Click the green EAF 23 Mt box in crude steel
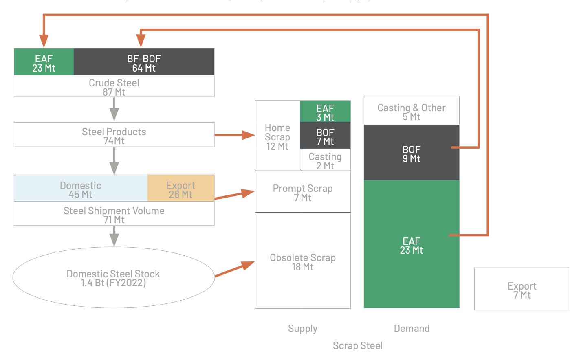click(x=44, y=62)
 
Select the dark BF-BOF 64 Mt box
click(x=144, y=62)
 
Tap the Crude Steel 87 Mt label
click(x=114, y=87)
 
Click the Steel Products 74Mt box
click(x=114, y=135)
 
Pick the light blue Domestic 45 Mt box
click(x=81, y=189)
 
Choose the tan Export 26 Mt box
click(x=180, y=189)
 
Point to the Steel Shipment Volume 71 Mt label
click(x=114, y=214)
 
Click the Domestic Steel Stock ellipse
click(x=113, y=278)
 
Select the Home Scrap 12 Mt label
click(x=277, y=137)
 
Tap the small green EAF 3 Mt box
click(x=325, y=112)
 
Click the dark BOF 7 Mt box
click(x=325, y=136)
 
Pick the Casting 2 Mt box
click(x=325, y=160)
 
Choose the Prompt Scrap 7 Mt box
click(x=303, y=192)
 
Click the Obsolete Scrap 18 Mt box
click(x=303, y=261)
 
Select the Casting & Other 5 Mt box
click(x=412, y=111)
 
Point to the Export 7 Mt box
click(x=522, y=290)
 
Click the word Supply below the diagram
click(x=303, y=328)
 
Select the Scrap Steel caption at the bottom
click(x=358, y=345)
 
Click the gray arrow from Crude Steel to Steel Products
click(x=114, y=109)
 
